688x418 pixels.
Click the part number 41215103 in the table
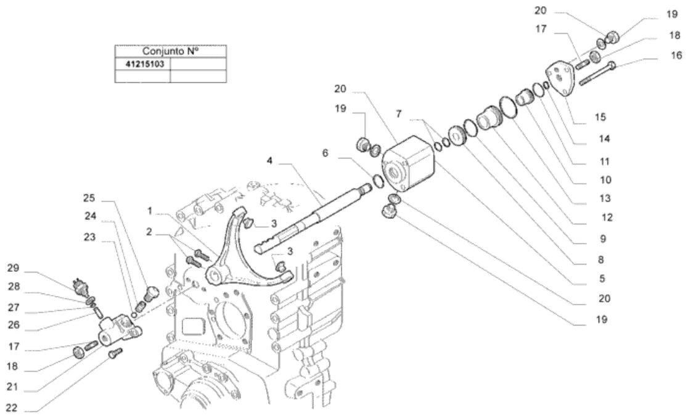tap(145, 64)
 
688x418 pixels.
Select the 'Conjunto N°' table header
tap(170, 51)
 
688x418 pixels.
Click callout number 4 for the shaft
tap(269, 161)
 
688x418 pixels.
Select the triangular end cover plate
tap(560, 78)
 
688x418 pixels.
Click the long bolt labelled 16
tap(597, 74)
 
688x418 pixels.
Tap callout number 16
tap(676, 55)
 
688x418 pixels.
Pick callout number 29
tap(13, 268)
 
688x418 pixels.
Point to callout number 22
tap(12, 408)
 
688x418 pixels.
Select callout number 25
tap(89, 198)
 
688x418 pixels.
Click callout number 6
tap(325, 153)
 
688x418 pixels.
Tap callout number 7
tap(398, 114)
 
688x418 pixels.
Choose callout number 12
tap(607, 217)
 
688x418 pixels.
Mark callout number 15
tap(600, 117)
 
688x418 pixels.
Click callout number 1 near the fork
tap(150, 211)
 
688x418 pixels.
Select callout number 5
tap(602, 279)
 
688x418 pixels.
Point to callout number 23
tap(89, 237)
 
